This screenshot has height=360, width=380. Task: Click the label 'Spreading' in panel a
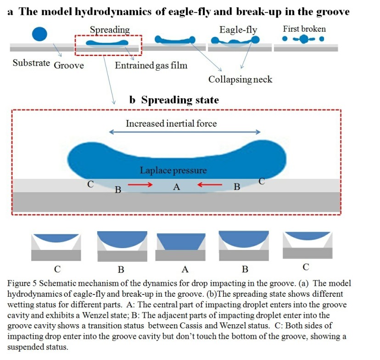(110, 30)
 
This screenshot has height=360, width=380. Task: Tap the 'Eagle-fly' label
(238, 30)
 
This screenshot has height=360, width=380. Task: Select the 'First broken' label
(304, 29)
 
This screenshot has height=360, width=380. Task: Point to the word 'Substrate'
(31, 63)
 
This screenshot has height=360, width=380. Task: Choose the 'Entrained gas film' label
(151, 65)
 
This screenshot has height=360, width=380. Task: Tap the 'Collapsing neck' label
(240, 79)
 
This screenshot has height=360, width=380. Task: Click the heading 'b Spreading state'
(174, 100)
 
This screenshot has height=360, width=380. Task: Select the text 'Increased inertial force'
(171, 123)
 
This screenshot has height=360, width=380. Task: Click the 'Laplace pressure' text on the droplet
(173, 171)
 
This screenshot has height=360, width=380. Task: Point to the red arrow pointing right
(140, 185)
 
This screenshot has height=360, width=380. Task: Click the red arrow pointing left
(209, 185)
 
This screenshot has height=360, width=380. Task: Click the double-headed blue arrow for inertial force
(184, 132)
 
